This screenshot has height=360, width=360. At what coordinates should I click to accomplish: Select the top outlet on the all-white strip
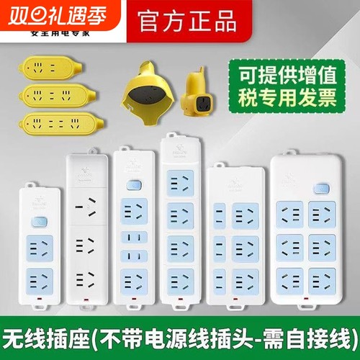87,209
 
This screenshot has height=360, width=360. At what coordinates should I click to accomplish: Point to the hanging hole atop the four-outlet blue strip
174,136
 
